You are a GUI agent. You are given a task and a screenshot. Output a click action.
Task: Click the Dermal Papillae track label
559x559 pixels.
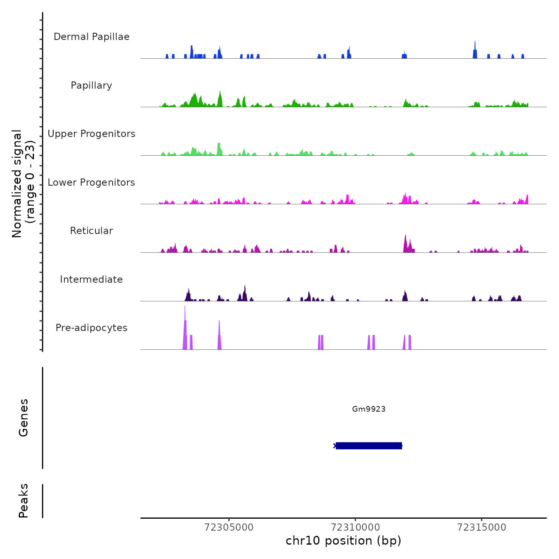[x=91, y=37]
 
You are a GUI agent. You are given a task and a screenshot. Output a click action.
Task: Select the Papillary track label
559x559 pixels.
[x=91, y=85]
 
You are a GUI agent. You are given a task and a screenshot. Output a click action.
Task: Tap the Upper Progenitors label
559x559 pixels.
[x=91, y=134]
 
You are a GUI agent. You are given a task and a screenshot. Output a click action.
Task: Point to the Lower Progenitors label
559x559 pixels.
[x=91, y=182]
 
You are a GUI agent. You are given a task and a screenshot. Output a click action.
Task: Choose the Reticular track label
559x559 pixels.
[x=91, y=231]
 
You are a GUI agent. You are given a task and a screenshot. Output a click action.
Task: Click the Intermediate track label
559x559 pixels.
[x=91, y=279]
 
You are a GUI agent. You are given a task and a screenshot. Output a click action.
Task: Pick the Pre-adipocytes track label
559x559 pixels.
[x=91, y=328]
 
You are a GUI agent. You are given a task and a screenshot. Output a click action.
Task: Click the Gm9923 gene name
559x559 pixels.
[x=369, y=409]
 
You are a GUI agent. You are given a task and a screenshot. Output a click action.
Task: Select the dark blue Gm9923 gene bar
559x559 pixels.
[x=369, y=446]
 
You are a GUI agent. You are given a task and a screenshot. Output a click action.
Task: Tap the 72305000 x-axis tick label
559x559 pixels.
[x=229, y=527]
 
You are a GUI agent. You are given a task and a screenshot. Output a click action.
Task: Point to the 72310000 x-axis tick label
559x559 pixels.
[x=355, y=527]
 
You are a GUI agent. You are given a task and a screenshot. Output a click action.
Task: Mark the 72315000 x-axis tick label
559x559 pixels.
[x=482, y=527]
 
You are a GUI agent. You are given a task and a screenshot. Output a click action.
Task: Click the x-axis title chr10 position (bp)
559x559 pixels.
[x=343, y=541]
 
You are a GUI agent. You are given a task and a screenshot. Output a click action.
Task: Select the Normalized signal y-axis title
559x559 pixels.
[x=23, y=183]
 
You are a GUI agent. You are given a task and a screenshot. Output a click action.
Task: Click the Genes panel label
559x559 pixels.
[x=24, y=418]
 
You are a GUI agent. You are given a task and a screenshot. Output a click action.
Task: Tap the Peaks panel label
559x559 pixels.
[x=24, y=501]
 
